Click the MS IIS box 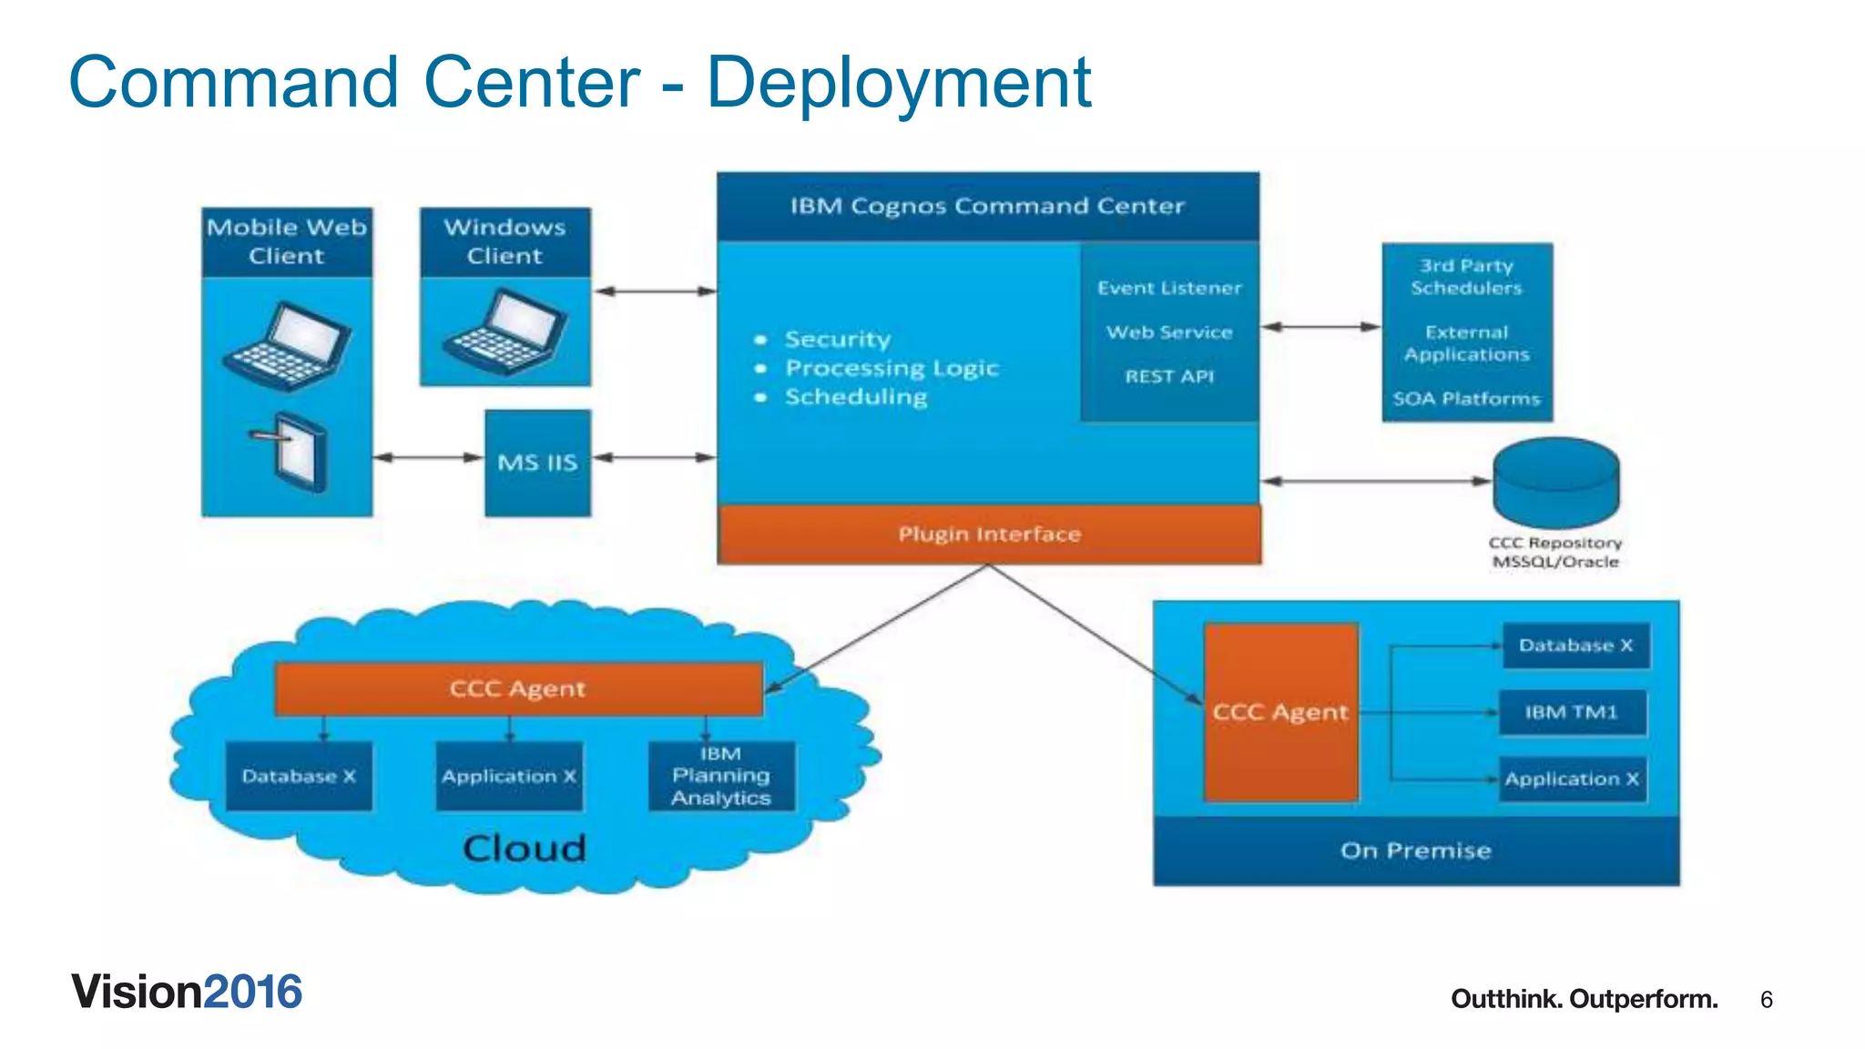(537, 463)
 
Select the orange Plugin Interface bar (989, 535)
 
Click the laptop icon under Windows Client (505, 331)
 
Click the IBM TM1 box (1572, 712)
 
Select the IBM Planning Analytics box (721, 776)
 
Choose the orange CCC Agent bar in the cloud (517, 688)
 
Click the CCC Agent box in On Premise (1280, 712)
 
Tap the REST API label (1169, 377)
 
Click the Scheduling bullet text (856, 397)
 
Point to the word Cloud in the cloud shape (525, 849)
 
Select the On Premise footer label (1415, 850)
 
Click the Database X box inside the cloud (299, 776)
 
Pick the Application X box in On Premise (1572, 779)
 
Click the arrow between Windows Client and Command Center (654, 291)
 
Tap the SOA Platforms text (1466, 399)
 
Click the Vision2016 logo (187, 992)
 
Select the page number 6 (1766, 1000)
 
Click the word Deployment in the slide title (898, 82)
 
